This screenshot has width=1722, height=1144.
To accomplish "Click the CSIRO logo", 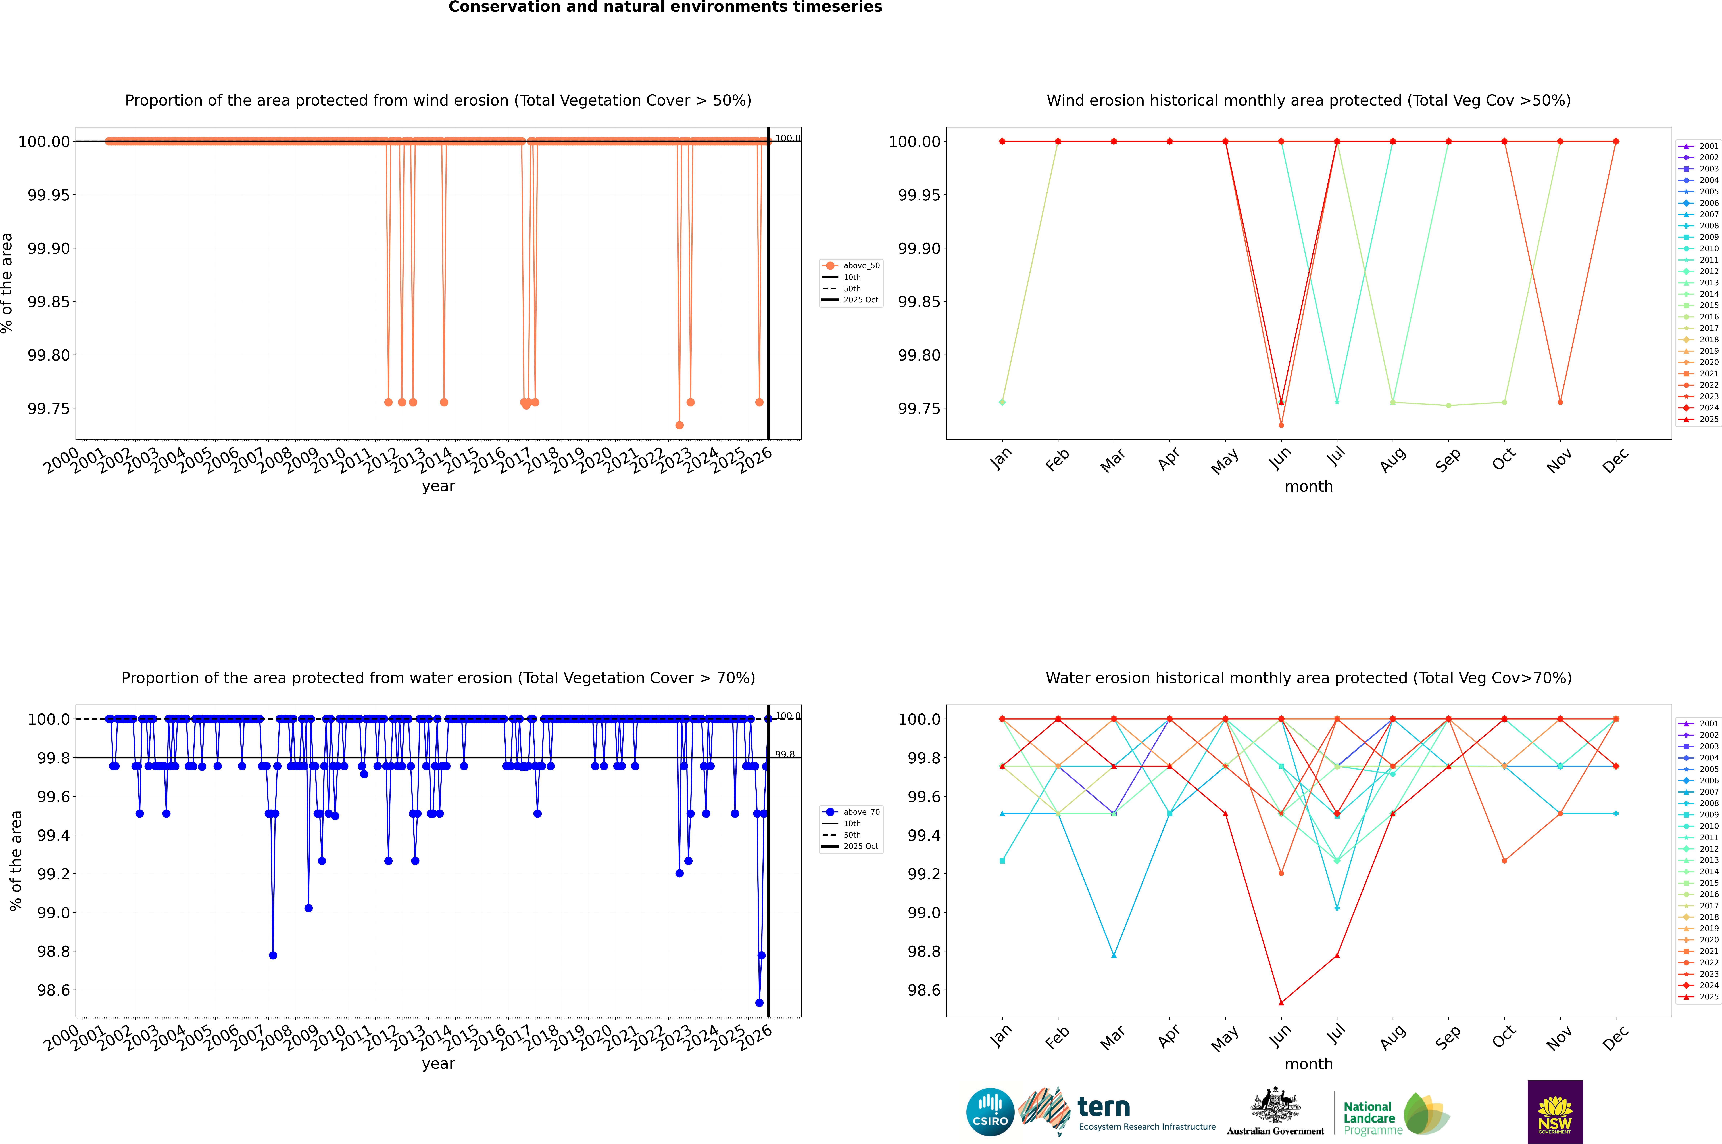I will [x=990, y=1112].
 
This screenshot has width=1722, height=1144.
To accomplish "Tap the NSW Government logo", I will [x=1555, y=1112].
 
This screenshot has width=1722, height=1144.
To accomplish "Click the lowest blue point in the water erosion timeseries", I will [x=759, y=1002].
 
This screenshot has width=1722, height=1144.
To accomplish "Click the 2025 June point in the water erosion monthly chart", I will [x=1281, y=1002].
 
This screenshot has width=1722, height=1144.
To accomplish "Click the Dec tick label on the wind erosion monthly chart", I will [x=1615, y=460].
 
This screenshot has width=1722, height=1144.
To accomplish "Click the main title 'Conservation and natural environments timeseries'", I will [x=665, y=7].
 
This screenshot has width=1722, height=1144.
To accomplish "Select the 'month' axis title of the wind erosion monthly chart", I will [x=1309, y=487].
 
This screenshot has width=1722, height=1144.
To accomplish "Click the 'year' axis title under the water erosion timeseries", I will [x=438, y=1064].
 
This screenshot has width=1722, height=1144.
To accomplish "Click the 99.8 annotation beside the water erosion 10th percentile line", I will [x=785, y=754].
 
